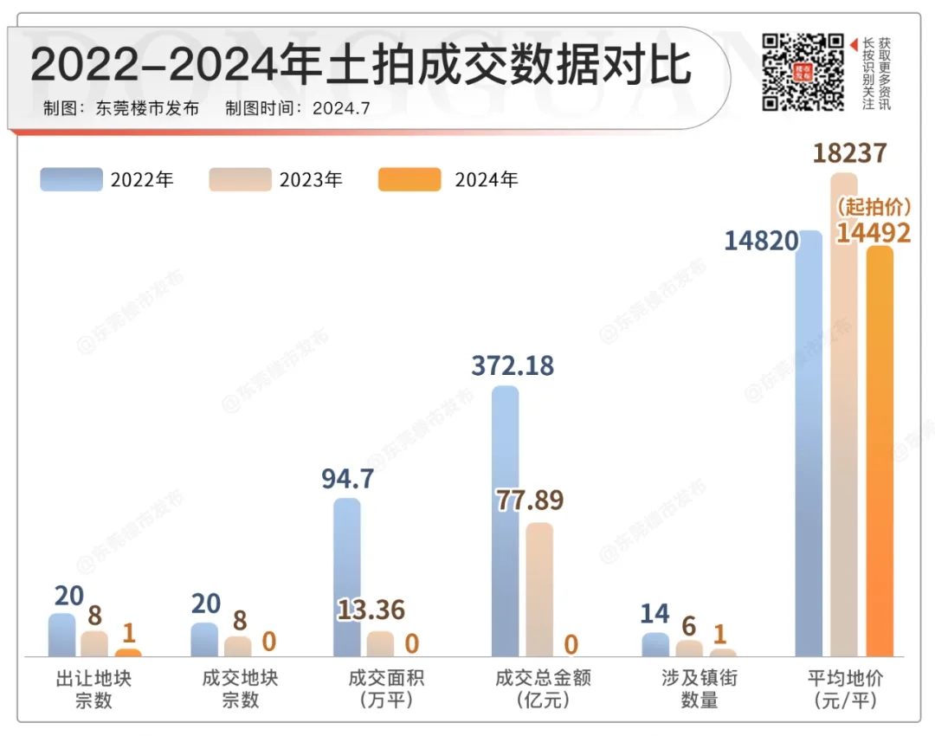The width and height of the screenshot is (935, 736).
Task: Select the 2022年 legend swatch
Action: pyautogui.click(x=71, y=179)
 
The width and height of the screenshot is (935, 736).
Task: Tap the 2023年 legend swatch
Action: pyautogui.click(x=240, y=179)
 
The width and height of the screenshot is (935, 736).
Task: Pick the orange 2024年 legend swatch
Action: pyautogui.click(x=409, y=179)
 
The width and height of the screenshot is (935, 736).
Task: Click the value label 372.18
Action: pyautogui.click(x=513, y=365)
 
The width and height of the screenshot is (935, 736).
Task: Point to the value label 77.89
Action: pyautogui.click(x=529, y=501)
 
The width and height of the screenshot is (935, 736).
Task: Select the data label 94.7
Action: pyautogui.click(x=347, y=478)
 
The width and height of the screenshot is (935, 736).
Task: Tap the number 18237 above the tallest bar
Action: pyautogui.click(x=849, y=153)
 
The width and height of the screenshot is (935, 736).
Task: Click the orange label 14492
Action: pyautogui.click(x=873, y=233)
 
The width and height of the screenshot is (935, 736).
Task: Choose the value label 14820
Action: pyautogui.click(x=761, y=241)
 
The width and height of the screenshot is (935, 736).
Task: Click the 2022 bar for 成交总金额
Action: pyautogui.click(x=506, y=520)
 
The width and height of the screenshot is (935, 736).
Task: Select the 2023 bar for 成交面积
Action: pyautogui.click(x=380, y=643)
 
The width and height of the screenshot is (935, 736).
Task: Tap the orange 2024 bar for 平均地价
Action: pyautogui.click(x=879, y=450)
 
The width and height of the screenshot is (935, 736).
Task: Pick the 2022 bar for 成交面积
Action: pyautogui.click(x=346, y=576)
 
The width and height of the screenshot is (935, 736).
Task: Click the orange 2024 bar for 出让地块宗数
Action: pyautogui.click(x=128, y=651)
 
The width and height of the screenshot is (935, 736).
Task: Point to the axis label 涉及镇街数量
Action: pyautogui.click(x=700, y=688)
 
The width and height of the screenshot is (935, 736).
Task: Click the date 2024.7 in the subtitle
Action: pyautogui.click(x=341, y=108)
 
